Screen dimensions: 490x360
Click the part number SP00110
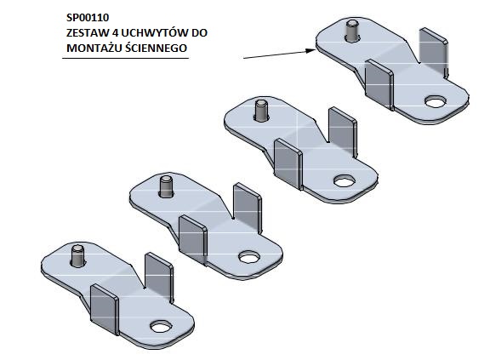(x=88, y=18)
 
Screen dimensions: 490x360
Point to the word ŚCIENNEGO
(x=157, y=48)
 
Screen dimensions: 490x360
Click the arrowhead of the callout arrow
(x=311, y=50)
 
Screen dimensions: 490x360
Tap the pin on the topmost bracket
(x=352, y=31)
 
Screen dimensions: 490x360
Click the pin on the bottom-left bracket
(x=77, y=255)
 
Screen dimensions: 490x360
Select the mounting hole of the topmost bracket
(x=436, y=101)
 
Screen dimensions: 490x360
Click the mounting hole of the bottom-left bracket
(x=161, y=327)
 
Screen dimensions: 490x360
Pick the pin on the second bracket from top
(x=261, y=111)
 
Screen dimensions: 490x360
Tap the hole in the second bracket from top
(x=345, y=181)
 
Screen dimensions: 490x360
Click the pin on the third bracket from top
(x=166, y=186)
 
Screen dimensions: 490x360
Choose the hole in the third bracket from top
(x=249, y=257)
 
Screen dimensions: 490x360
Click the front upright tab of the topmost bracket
(x=379, y=84)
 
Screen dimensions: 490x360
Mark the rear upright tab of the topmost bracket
(x=434, y=53)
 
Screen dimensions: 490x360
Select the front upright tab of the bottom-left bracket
(x=105, y=310)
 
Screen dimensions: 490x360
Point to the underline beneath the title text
(x=126, y=58)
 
